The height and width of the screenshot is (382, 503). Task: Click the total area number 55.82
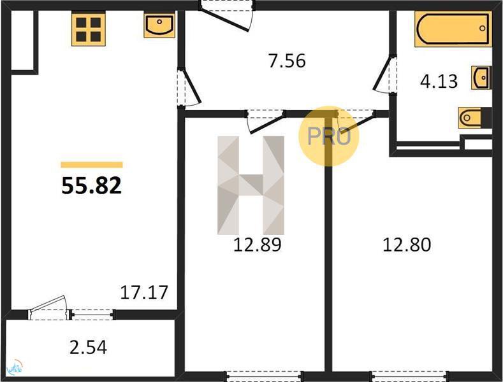pos(91,186)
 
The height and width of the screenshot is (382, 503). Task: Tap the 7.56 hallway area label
pos(287,61)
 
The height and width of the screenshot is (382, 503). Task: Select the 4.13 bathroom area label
pos(439,81)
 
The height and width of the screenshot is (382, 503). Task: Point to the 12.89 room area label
pos(258,244)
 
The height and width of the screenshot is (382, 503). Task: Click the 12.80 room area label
pos(407,244)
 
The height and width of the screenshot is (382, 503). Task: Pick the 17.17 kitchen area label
pos(144,292)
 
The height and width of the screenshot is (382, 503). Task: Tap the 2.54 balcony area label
pos(88,348)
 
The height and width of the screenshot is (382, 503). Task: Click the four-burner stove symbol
pos(88,30)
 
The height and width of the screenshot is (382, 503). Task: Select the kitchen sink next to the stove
pos(159,25)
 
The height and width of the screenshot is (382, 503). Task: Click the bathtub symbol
pos(453,29)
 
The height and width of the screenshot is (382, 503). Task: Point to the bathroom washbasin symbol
pos(481,78)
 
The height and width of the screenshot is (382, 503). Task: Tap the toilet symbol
pos(471,118)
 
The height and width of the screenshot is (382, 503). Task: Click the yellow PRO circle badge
pos(329,136)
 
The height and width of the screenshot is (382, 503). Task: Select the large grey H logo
pos(251,185)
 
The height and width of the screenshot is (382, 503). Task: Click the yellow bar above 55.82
pos(92,165)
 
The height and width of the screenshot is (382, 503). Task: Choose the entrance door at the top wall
pos(226,16)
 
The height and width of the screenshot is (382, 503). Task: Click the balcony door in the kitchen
pos(48,308)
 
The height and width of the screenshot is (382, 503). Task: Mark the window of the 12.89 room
pos(265,376)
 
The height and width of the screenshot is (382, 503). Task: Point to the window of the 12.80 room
pos(409,376)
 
